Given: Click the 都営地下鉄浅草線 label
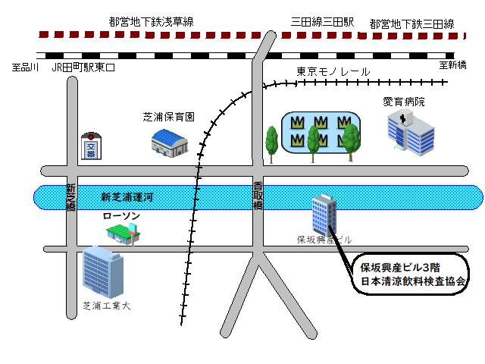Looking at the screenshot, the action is [x=152, y=22].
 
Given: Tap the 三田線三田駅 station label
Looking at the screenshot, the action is [x=322, y=22].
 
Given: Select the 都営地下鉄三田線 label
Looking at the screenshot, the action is [x=412, y=24].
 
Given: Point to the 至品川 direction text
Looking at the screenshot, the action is [x=25, y=67].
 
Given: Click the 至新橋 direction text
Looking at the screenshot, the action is [x=453, y=65].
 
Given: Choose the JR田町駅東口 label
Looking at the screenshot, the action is [x=83, y=67].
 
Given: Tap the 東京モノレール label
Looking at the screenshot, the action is [x=333, y=72].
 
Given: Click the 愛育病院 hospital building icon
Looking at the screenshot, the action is [x=411, y=133].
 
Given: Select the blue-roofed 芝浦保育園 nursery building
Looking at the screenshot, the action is [x=170, y=143].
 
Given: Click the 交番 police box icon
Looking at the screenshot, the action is [x=91, y=146].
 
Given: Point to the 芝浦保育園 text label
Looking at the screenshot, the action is [x=168, y=117].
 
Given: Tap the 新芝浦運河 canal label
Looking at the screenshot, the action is [x=127, y=197].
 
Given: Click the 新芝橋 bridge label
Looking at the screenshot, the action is [x=70, y=198].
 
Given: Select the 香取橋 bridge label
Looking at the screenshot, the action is [x=258, y=196].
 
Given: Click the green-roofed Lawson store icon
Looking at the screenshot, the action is [x=124, y=234].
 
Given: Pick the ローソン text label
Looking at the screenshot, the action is [x=121, y=215].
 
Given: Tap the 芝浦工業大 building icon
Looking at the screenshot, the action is [x=103, y=272].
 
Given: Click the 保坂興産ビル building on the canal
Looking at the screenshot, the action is [x=324, y=215].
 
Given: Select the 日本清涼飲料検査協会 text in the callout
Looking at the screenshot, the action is [x=413, y=281].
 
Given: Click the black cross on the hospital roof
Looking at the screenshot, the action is [x=402, y=119].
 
